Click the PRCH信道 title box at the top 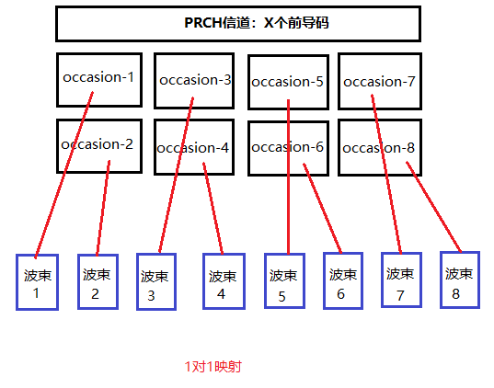(238, 24)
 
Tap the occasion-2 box (98, 146)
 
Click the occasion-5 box (288, 82)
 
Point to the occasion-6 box (288, 147)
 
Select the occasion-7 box (380, 81)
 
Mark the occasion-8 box (380, 147)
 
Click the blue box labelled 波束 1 (38, 282)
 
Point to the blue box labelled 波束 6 (342, 281)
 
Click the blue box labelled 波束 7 (400, 280)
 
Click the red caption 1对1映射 (213, 367)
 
